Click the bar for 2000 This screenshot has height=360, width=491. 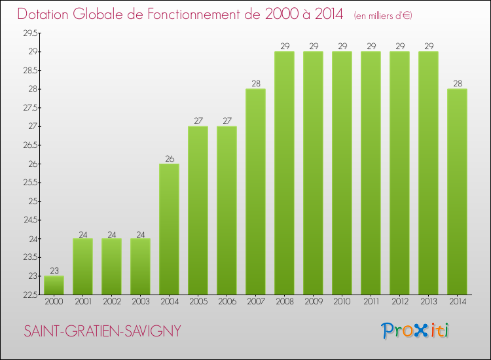[x=54, y=285]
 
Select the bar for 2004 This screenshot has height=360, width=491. [x=169, y=229]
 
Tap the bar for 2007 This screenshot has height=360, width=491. [x=255, y=192]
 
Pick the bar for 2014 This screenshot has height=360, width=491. [x=457, y=192]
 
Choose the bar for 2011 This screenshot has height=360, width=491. [x=371, y=173]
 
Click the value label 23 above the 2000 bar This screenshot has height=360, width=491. [x=54, y=271]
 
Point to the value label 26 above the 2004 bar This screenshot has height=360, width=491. [x=170, y=158]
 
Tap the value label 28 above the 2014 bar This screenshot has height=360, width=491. [x=458, y=84]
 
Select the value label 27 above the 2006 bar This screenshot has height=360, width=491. [x=227, y=121]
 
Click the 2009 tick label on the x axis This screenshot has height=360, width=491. [x=314, y=302]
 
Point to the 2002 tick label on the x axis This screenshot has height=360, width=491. [x=112, y=302]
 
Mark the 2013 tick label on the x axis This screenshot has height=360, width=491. [x=429, y=302]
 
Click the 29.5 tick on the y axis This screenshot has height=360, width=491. [x=30, y=33]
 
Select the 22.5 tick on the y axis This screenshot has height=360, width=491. [x=30, y=295]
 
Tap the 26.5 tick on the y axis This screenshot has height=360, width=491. [x=30, y=145]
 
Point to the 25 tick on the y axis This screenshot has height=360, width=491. [x=33, y=202]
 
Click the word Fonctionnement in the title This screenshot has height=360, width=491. [x=204, y=14]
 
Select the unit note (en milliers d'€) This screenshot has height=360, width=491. [x=383, y=16]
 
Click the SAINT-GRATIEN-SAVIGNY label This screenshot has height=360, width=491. [x=102, y=331]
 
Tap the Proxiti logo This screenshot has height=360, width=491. [x=414, y=331]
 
